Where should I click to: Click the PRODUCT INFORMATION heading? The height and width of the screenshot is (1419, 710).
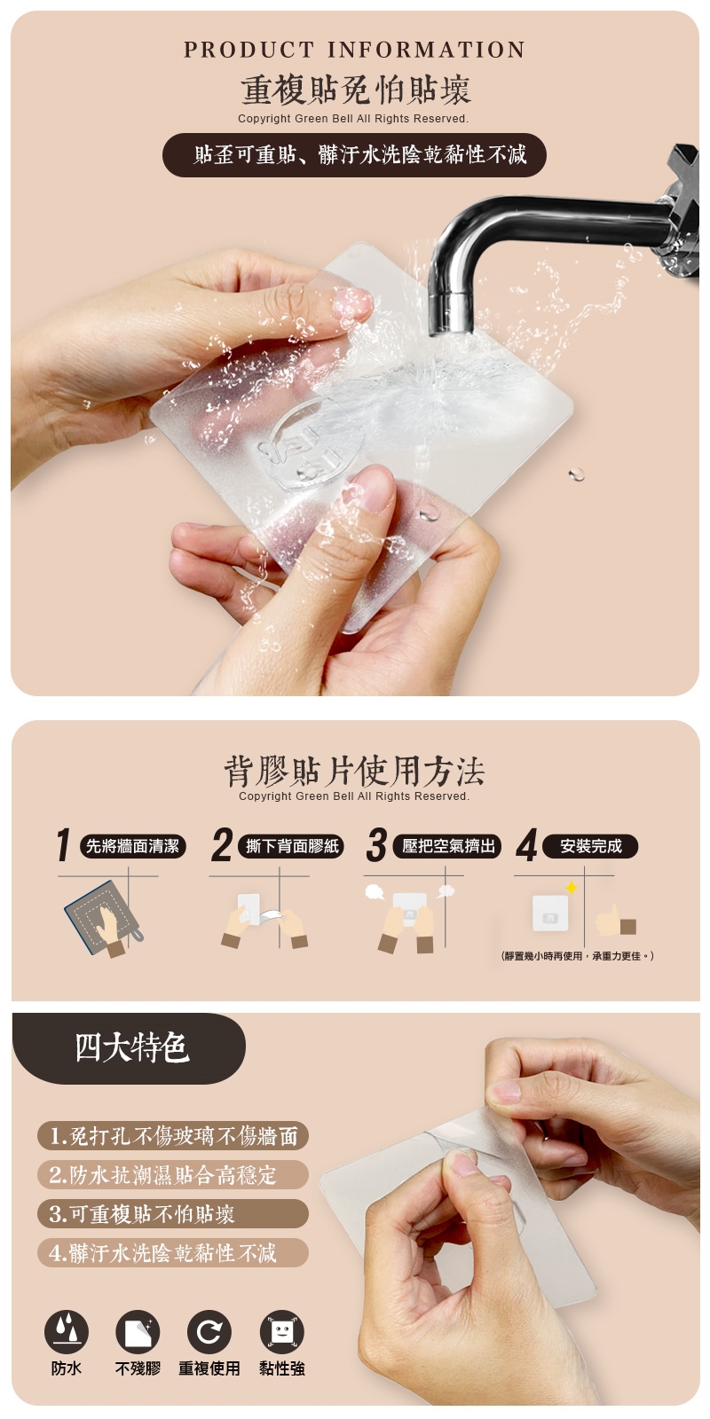pos(354,50)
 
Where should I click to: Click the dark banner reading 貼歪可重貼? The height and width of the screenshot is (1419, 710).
pos(354,154)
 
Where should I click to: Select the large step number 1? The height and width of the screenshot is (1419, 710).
pos(63,845)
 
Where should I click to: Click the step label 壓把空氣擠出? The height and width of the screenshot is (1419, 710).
pos(448,846)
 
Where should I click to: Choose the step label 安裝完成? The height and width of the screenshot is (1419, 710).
pos(591,846)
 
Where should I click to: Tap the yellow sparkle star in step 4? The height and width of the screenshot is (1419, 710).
pos(572,888)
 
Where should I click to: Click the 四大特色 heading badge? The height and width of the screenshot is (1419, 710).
pos(129,1047)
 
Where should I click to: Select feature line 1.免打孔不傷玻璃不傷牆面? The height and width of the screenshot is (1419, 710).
pos(173,1136)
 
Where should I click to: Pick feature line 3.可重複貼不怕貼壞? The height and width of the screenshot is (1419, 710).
pos(173,1214)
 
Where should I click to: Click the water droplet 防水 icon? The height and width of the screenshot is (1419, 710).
pos(66,1331)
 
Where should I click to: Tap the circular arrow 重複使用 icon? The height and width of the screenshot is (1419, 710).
pos(209,1331)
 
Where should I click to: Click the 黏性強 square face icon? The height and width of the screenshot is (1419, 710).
pos(281,1331)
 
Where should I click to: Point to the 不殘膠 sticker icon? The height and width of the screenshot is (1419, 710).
pos(138,1331)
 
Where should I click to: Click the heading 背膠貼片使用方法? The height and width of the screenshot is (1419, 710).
pos(354,771)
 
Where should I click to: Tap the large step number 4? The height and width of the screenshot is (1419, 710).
pos(526,845)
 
